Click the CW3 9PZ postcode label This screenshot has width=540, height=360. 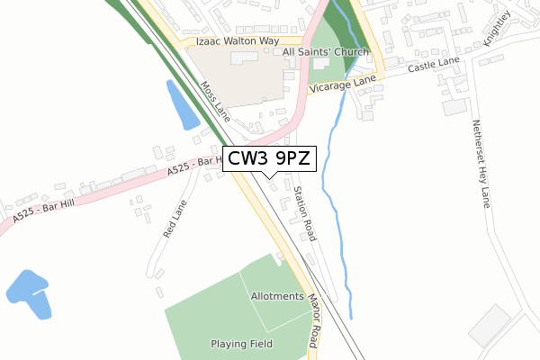pos(269,159)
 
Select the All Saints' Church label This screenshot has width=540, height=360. pos(325,52)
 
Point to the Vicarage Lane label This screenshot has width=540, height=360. pos(340,85)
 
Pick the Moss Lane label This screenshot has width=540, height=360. pos(215,101)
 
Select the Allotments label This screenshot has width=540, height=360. pos(277,296)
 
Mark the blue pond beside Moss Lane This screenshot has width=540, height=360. pos(184,106)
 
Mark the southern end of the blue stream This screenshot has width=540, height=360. pos(350,314)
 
